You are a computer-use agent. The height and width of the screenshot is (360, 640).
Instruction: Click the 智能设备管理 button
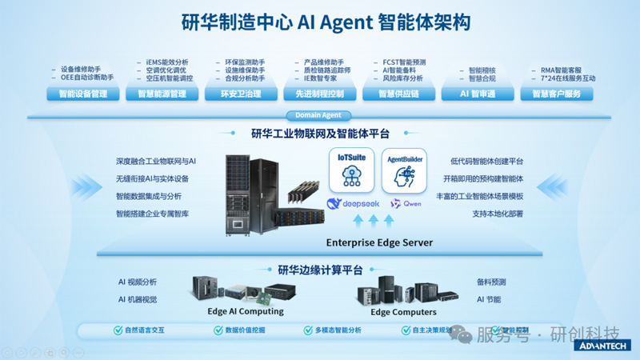tap(83, 94)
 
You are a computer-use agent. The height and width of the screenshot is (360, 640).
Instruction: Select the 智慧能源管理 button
tap(162, 94)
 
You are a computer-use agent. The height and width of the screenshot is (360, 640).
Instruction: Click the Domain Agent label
tap(318, 116)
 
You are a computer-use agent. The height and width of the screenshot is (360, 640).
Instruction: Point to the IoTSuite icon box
tap(351, 170)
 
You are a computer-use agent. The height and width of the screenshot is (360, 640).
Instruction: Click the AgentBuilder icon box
tap(404, 170)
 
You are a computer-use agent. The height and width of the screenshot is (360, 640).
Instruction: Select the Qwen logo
tap(406, 204)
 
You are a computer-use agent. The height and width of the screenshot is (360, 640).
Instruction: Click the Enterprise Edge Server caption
tap(379, 242)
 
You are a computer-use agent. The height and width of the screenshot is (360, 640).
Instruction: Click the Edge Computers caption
tap(403, 311)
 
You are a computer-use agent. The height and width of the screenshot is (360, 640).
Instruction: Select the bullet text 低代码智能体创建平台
tap(486, 162)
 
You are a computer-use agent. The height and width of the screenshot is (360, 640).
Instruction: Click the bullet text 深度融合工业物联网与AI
tap(156, 162)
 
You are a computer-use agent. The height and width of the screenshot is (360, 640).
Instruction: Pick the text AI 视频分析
tap(138, 282)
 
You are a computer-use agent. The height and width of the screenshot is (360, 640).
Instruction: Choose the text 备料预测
tap(491, 282)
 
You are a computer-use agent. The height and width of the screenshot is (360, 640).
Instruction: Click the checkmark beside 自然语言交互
tap(118, 330)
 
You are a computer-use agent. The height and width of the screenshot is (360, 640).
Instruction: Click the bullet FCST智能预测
tap(404, 62)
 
